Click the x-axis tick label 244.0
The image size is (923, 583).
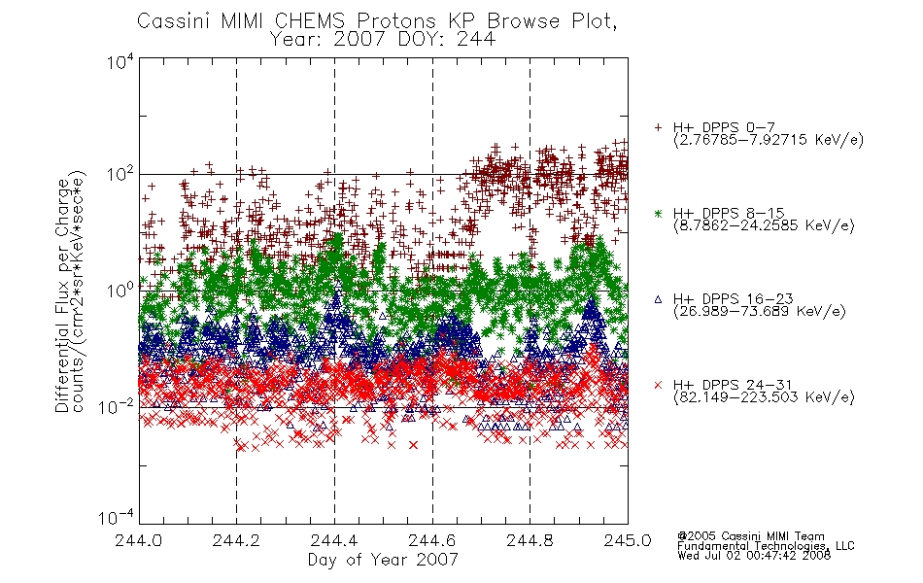coord(138,540)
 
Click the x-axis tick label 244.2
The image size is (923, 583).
coord(236,540)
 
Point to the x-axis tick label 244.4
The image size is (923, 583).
coord(334,540)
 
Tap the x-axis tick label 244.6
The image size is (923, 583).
coord(432,540)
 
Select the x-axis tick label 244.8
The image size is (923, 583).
coord(530,540)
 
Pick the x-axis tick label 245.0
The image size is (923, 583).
coord(628,540)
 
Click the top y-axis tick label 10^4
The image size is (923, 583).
coord(120,61)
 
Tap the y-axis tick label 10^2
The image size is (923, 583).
coord(120,175)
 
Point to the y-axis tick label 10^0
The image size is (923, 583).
coord(120,291)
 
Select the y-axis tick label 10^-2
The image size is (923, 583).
coord(118,406)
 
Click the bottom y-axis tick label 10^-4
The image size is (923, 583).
coord(118,517)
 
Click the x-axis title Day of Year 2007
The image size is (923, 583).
coord(383,560)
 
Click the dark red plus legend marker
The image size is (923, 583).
coord(658,127)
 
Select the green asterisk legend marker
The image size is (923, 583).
coord(658,213)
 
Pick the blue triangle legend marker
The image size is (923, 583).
coord(658,299)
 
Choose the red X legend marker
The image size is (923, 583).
coord(658,385)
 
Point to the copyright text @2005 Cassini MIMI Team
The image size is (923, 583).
coord(750,536)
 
